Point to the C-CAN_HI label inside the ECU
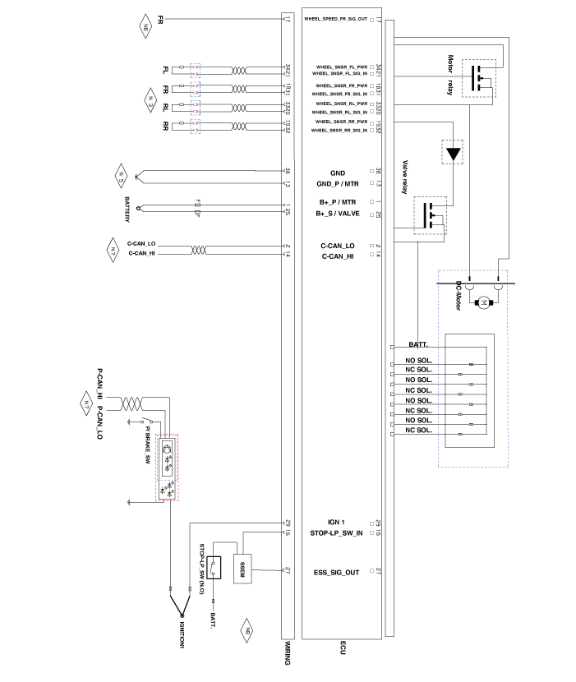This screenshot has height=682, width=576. (338, 257)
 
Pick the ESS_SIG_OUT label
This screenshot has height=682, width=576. (337, 572)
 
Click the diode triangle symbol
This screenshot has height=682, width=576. (454, 154)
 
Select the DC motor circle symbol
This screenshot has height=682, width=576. (484, 303)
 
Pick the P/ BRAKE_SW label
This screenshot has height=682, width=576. (147, 446)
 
